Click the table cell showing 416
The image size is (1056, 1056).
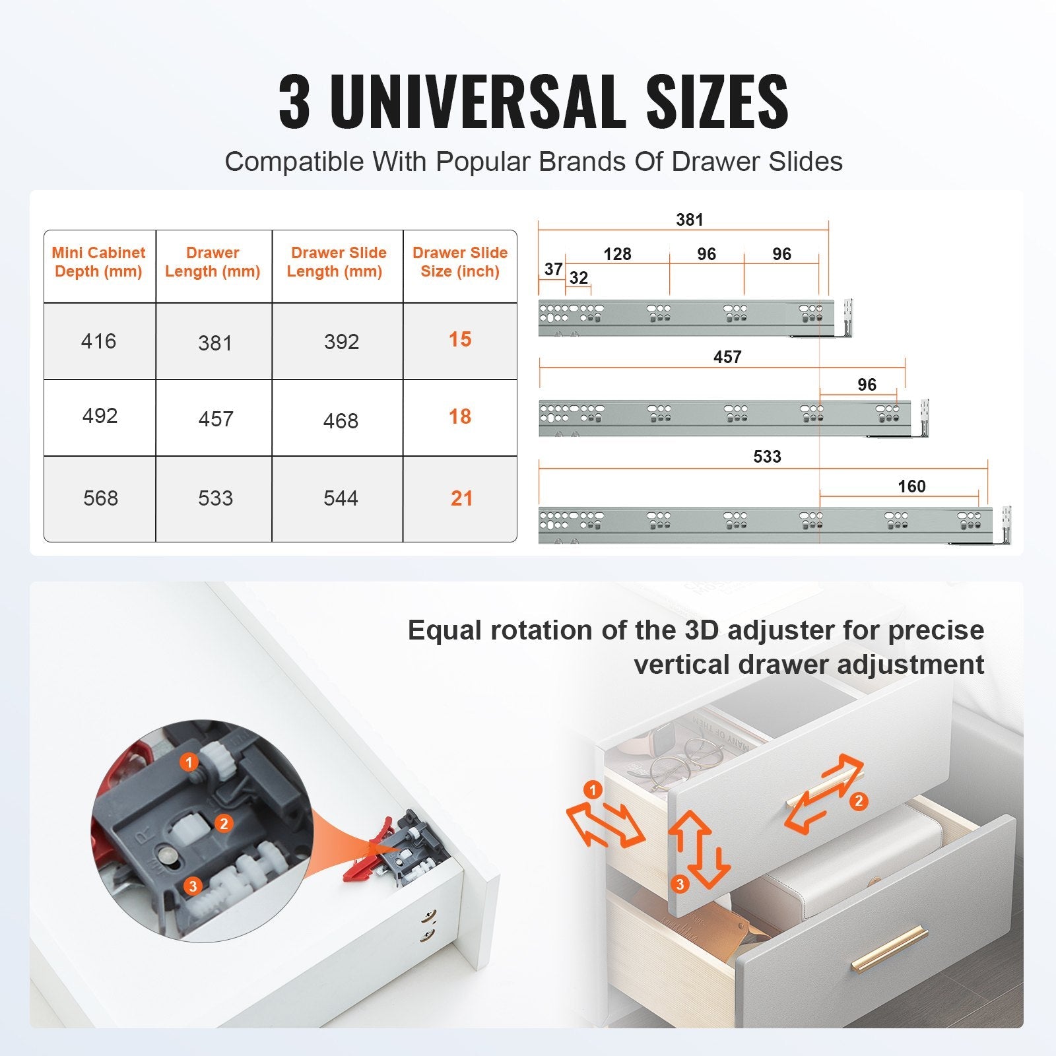click(x=98, y=341)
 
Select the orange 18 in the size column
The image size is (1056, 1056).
click(x=460, y=416)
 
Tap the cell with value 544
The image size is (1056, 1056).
click(x=341, y=498)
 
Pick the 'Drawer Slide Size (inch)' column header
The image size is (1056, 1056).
click(x=460, y=262)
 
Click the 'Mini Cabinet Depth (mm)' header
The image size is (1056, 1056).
click(x=98, y=262)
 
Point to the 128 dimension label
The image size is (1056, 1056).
click(x=617, y=254)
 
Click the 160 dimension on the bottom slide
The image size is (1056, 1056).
click(x=911, y=486)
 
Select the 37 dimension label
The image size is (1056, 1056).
click(x=553, y=269)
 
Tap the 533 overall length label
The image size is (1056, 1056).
click(x=767, y=457)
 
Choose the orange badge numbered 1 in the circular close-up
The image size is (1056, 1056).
click(x=189, y=763)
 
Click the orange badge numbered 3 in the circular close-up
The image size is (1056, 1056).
click(x=193, y=886)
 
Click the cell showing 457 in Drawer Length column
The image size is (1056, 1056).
click(x=216, y=419)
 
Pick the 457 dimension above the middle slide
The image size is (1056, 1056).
click(x=727, y=357)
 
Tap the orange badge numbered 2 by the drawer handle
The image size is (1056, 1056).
click(x=858, y=801)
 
